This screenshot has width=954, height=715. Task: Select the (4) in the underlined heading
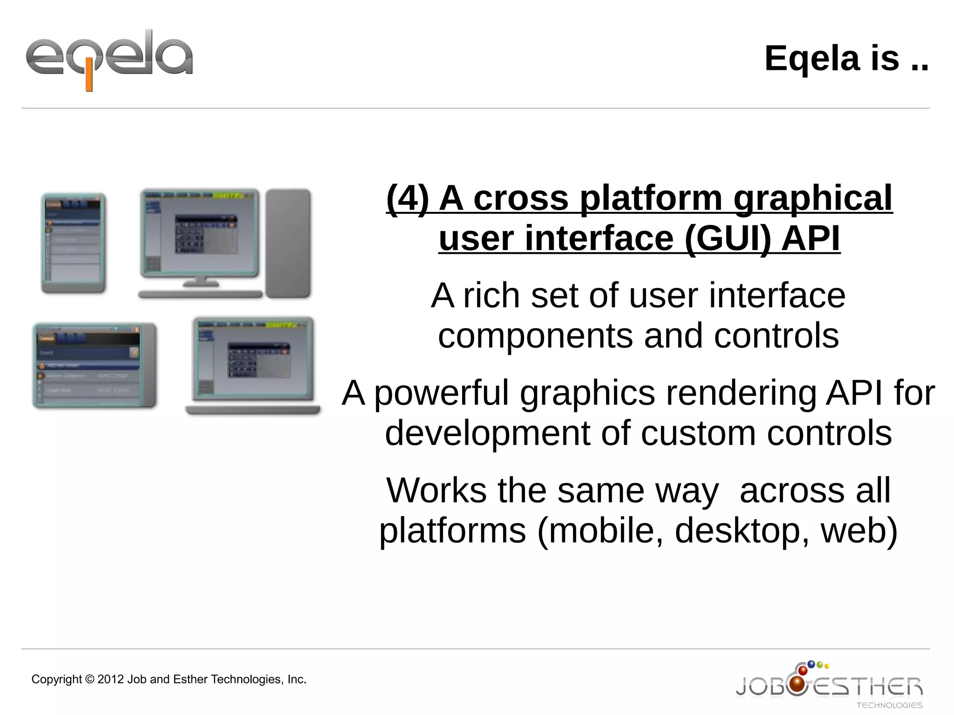pos(408,198)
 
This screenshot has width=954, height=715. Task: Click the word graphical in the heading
pos(813,198)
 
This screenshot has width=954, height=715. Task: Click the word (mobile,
pos(600,531)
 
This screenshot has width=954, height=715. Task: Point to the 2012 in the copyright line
pos(111,680)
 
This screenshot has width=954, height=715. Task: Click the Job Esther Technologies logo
pos(829,685)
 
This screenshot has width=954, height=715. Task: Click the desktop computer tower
pos(288,243)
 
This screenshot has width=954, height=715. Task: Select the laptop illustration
pos(253,366)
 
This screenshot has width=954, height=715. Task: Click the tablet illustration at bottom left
pos(95,366)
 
